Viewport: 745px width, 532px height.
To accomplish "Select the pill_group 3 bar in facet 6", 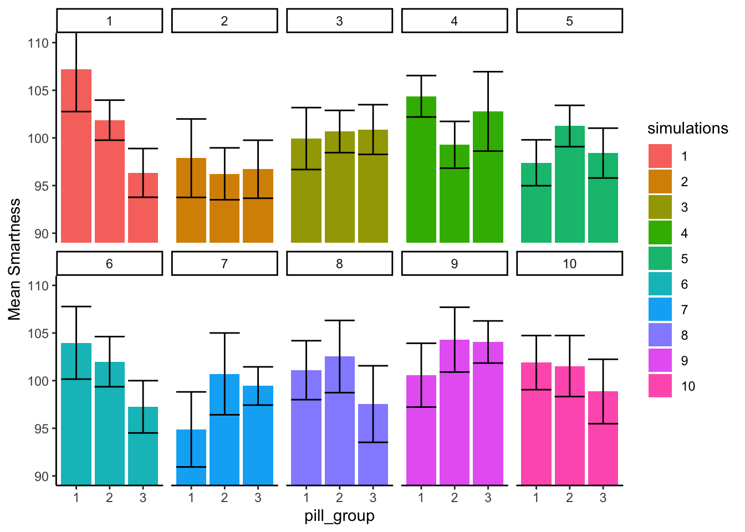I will [x=143, y=449].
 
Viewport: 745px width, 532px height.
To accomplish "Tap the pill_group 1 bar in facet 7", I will [x=191, y=460].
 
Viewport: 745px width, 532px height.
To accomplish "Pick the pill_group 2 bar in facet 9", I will [x=455, y=416].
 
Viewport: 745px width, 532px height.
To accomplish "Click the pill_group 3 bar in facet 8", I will [x=373, y=449].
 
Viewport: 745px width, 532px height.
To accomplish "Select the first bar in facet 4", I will [x=421, y=172].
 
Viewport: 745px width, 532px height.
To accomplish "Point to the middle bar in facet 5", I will [x=570, y=188].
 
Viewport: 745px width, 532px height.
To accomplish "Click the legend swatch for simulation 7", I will [x=660, y=310].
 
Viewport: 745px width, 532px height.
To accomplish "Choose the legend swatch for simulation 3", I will [x=660, y=207].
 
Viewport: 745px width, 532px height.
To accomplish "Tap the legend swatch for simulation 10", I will [x=660, y=386].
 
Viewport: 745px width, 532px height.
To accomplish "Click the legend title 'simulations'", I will [x=687, y=129].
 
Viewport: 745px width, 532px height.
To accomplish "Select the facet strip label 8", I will [x=339, y=264].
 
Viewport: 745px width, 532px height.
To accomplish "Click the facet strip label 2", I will [x=224, y=21].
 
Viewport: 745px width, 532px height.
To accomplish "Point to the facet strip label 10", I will [x=570, y=264].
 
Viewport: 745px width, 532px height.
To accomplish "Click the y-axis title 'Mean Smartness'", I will [x=15, y=259].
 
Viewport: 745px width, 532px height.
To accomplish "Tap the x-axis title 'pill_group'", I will [x=339, y=516].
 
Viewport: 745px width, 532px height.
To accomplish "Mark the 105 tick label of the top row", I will [x=38, y=90].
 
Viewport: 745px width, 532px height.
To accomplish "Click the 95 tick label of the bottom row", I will [x=42, y=428].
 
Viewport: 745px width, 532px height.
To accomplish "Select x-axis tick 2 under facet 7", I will [x=224, y=498].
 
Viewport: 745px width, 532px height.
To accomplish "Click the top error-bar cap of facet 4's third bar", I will [x=488, y=71].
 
